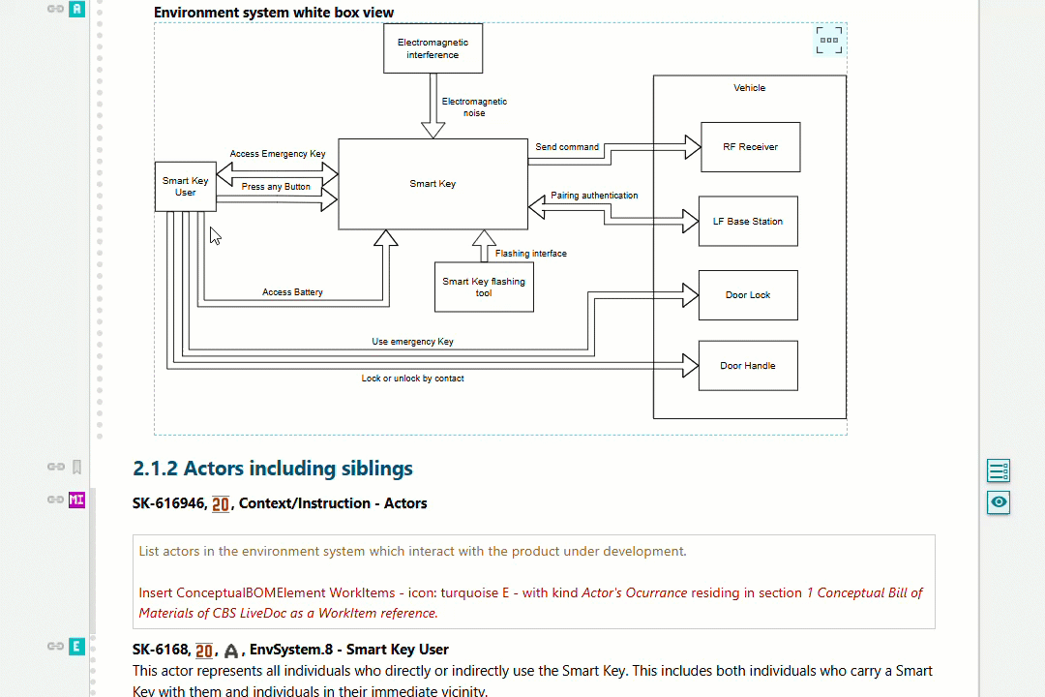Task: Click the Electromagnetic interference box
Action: click(433, 48)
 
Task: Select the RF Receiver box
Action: click(750, 147)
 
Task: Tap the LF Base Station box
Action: click(747, 222)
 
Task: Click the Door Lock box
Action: click(747, 295)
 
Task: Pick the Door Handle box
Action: click(747, 366)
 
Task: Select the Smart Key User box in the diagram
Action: click(185, 187)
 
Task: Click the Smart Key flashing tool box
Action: click(483, 287)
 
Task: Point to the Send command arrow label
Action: click(567, 147)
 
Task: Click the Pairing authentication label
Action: click(594, 196)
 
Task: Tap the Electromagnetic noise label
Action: click(474, 107)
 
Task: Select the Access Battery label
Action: click(292, 292)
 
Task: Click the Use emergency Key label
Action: click(412, 342)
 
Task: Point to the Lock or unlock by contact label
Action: click(412, 379)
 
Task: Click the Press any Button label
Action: click(276, 187)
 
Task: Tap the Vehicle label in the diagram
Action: click(749, 88)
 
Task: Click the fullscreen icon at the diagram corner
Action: click(828, 40)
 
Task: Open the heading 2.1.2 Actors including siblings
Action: click(273, 469)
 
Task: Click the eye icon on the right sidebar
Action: click(999, 501)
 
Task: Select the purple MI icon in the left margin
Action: click(77, 500)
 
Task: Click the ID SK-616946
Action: click(168, 503)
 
